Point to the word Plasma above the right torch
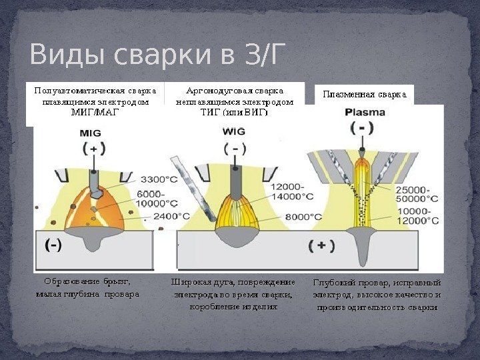(x=365, y=113)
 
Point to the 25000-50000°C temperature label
(x=418, y=194)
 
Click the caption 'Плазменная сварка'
(x=364, y=95)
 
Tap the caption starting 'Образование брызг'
(x=87, y=287)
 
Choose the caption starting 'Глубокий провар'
(x=377, y=295)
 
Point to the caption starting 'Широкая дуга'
(x=233, y=294)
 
